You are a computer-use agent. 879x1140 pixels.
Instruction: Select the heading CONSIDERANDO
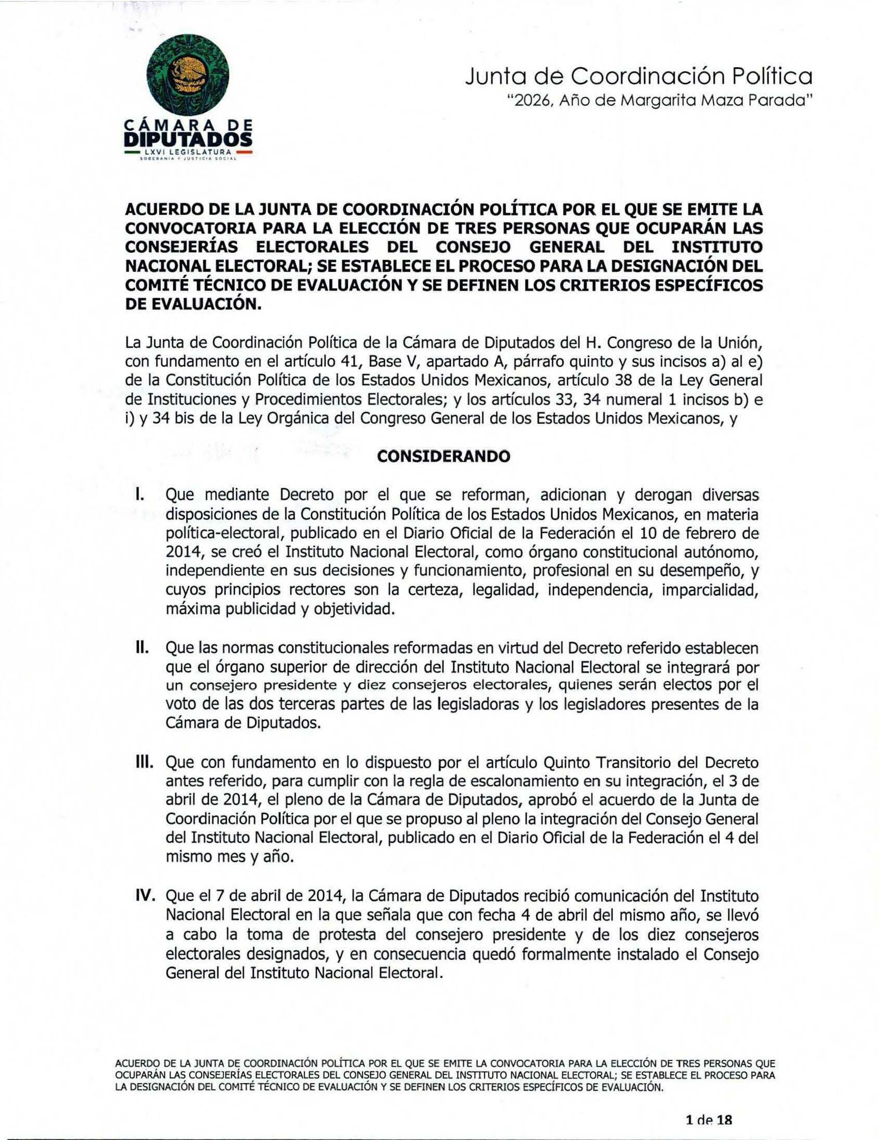(x=443, y=456)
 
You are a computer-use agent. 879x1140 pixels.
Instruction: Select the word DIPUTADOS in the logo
(x=189, y=140)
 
